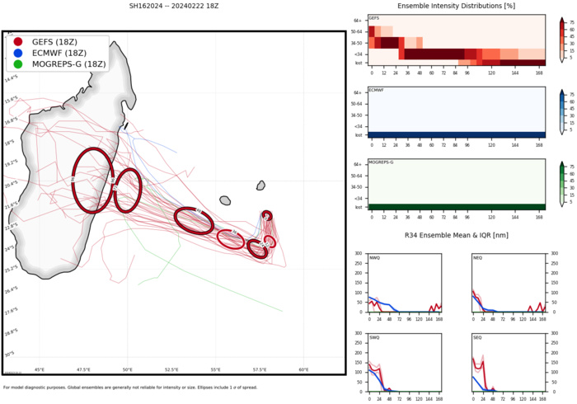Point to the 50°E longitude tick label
coord(128,369)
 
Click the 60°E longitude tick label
coord(303,369)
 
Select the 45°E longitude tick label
coord(40,369)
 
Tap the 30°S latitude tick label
coord(10,354)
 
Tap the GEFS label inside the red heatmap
coord(374,17)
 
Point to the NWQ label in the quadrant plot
coord(375,258)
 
